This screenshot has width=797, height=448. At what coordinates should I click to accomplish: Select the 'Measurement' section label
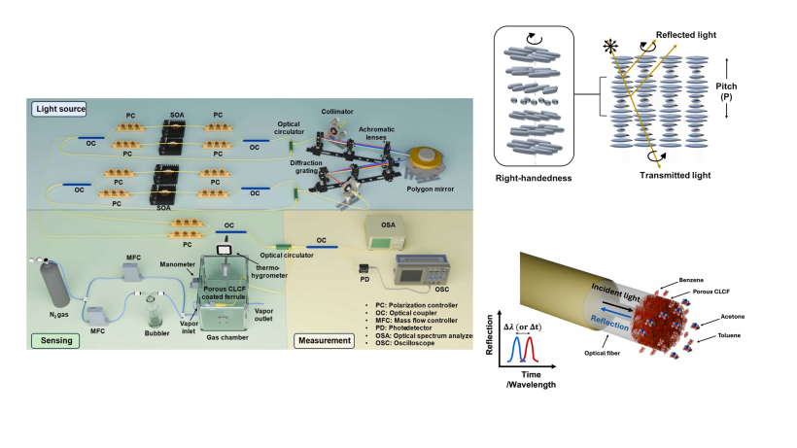pyautogui.click(x=324, y=340)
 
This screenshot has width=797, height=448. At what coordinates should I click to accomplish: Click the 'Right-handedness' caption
pyautogui.click(x=534, y=178)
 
